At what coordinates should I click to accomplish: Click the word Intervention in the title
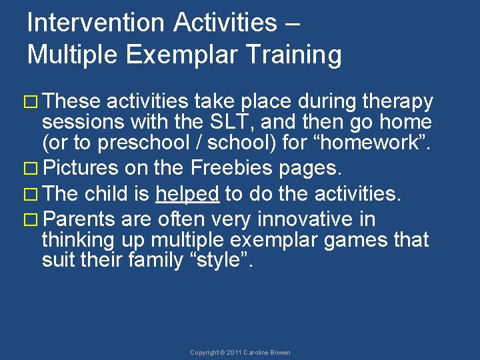coord(95,23)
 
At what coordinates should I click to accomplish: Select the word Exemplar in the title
coord(181,54)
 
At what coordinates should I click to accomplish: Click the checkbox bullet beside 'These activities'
coord(31,102)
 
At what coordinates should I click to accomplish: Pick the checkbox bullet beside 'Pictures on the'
coord(31,169)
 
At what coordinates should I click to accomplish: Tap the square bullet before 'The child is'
coord(31,195)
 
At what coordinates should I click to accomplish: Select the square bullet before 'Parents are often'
coord(31,219)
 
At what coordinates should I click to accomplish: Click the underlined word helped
coord(187,195)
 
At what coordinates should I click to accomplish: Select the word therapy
coord(397,102)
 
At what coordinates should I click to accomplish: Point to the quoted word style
coord(218,260)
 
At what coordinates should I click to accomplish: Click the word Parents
coord(79,219)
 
